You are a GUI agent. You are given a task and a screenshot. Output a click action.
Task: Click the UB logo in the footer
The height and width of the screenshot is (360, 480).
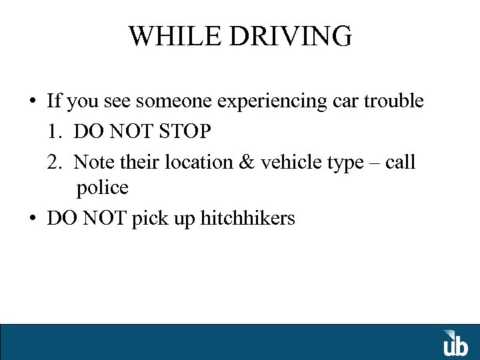pyautogui.click(x=456, y=343)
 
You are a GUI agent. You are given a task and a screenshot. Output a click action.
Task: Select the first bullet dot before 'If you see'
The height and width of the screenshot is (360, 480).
pyautogui.click(x=32, y=102)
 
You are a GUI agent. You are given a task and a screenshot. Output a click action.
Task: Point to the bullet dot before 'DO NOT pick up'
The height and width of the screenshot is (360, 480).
pyautogui.click(x=32, y=219)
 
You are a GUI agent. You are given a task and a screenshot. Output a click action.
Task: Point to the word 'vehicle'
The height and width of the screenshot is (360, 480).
pyautogui.click(x=287, y=162)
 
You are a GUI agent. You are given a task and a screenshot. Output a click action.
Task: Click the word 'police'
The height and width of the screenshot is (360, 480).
pyautogui.click(x=102, y=189)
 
